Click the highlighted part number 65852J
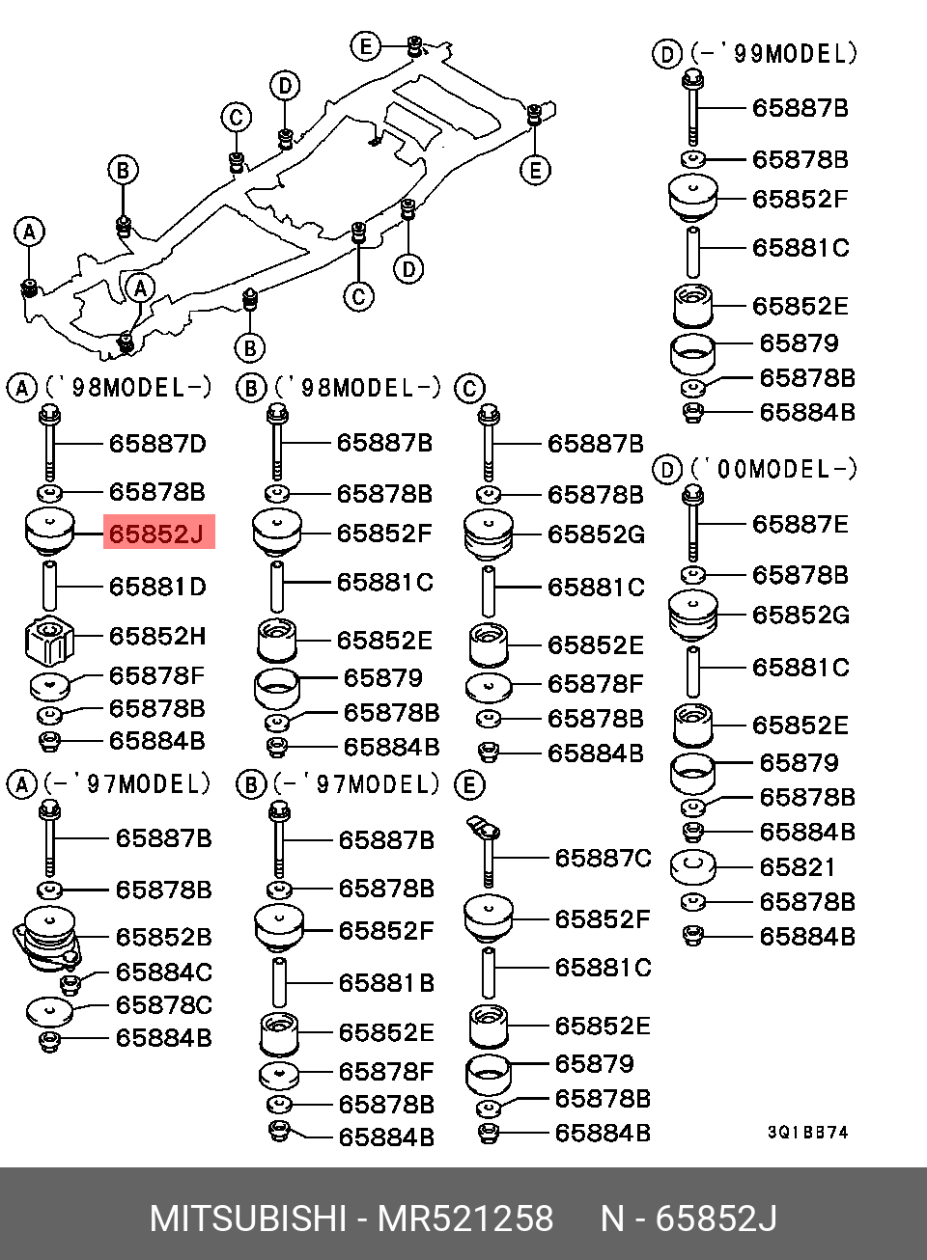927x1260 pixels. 157,534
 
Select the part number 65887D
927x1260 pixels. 157,444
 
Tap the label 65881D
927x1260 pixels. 157,587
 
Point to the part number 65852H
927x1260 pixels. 157,637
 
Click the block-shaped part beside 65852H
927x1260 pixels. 49,641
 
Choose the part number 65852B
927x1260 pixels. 163,937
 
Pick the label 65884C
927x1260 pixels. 163,972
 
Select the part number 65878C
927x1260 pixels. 163,1005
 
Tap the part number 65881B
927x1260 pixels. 386,983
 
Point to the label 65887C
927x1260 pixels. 603,858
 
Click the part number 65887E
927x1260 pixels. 801,525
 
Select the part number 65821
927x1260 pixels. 797,867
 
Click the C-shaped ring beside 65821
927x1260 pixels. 692,865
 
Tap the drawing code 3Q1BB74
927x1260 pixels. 808,1133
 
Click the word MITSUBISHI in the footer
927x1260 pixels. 247,1219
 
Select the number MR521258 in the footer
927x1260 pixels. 465,1219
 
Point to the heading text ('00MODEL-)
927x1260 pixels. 773,470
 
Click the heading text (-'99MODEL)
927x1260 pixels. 773,54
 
